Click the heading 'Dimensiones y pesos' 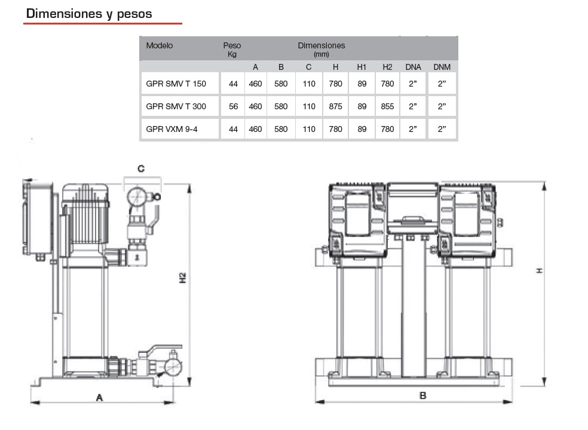[89, 13]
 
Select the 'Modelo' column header [160, 45]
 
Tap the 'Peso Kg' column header [232, 49]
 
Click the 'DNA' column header [414, 67]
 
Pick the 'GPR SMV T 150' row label [176, 84]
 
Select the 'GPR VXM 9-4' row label [171, 129]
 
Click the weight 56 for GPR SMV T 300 [233, 106]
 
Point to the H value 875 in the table [335, 106]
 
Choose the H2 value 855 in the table [387, 106]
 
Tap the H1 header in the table [362, 67]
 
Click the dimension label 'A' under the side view [100, 397]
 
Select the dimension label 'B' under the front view [422, 395]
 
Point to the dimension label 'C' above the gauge [141, 169]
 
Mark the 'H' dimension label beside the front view [539, 271]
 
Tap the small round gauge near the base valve [173, 367]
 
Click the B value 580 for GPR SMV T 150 [281, 84]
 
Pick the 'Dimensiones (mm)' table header [321, 49]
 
